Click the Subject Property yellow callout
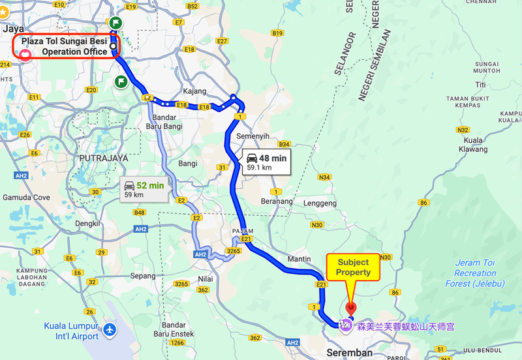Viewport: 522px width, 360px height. [x=353, y=267]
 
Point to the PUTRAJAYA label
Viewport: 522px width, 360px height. [x=103, y=158]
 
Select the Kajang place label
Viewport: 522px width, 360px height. [x=194, y=91]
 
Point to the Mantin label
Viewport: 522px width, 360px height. [x=299, y=259]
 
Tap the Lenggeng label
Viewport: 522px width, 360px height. [x=318, y=203]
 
